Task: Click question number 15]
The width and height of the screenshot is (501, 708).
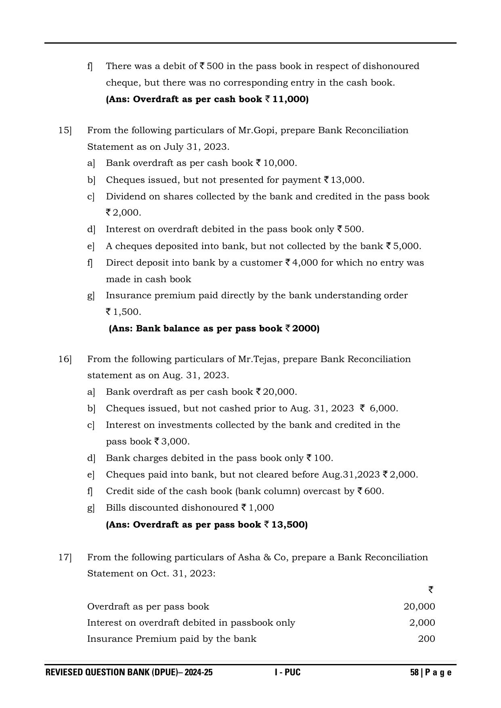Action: tap(65, 130)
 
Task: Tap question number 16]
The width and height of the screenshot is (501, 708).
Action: tap(65, 359)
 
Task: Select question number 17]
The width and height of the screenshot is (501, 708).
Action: tap(65, 557)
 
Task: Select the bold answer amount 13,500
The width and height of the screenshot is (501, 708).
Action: tap(289, 525)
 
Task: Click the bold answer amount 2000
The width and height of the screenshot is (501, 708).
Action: tap(306, 329)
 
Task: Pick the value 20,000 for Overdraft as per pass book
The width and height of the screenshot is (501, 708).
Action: tap(419, 607)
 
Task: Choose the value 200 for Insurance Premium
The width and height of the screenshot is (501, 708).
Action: tap(426, 639)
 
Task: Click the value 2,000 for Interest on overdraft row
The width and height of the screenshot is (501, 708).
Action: tap(422, 623)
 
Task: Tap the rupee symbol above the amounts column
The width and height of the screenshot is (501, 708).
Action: tap(431, 590)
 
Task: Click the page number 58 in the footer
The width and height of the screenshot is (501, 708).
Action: tap(414, 672)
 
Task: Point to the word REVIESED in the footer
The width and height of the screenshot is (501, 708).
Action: tap(63, 672)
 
